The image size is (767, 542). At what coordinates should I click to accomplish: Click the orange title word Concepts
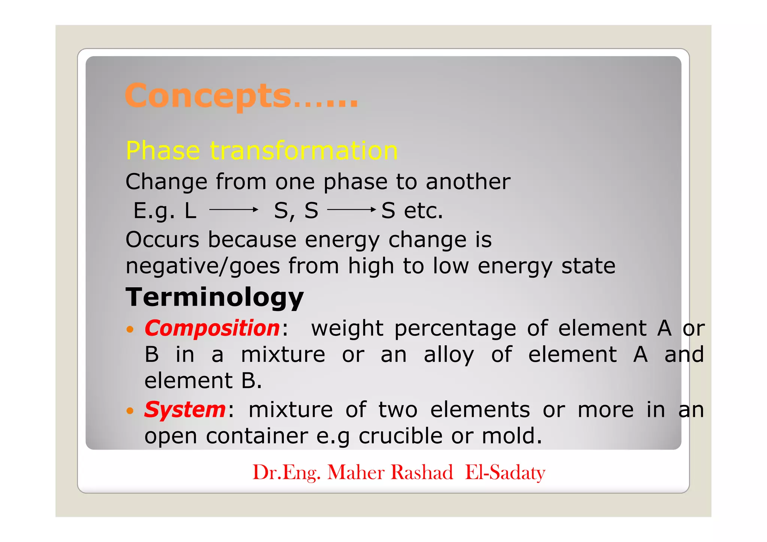click(x=208, y=96)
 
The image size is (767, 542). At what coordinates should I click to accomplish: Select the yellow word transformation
click(x=304, y=151)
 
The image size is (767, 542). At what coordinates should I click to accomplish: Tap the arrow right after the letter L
click(x=234, y=210)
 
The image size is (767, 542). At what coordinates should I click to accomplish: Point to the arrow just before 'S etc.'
click(x=351, y=210)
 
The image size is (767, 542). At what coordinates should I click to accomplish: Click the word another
click(x=468, y=182)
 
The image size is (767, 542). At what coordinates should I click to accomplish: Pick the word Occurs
click(x=162, y=240)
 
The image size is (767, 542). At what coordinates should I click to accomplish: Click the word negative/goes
click(x=203, y=266)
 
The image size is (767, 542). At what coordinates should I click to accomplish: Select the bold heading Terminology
click(x=214, y=297)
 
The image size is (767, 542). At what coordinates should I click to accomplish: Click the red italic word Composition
click(x=212, y=328)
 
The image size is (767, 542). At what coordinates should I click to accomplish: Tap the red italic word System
click(x=185, y=409)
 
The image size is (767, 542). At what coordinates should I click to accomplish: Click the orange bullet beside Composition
click(x=130, y=330)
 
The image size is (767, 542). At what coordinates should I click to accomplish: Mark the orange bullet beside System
click(x=130, y=411)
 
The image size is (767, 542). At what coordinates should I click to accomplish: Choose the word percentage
click(x=455, y=329)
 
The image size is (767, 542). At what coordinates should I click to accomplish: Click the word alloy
click(x=449, y=355)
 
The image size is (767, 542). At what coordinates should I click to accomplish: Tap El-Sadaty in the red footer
click(x=505, y=472)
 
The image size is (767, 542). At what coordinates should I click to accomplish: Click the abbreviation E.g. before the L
click(x=154, y=211)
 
